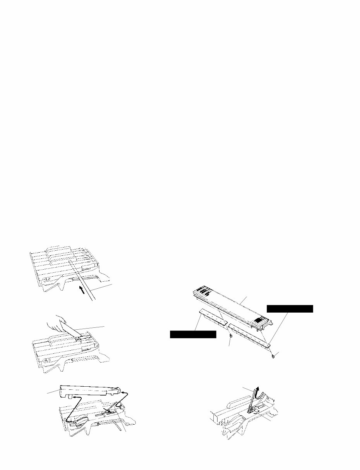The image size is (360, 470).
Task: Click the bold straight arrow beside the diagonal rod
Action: click(81, 289)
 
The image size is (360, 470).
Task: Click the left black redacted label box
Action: click(193, 334)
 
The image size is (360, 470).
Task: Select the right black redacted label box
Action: click(290, 308)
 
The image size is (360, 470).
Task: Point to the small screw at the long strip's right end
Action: click(274, 355)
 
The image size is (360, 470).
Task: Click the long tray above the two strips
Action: click(232, 306)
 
